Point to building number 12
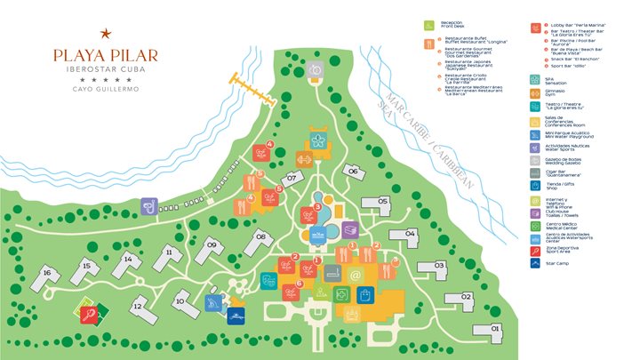139,307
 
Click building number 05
383,202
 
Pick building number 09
212,245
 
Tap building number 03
438,266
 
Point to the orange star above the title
105,34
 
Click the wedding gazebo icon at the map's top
316,69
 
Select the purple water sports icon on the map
148,206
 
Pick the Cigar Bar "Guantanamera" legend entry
569,172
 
